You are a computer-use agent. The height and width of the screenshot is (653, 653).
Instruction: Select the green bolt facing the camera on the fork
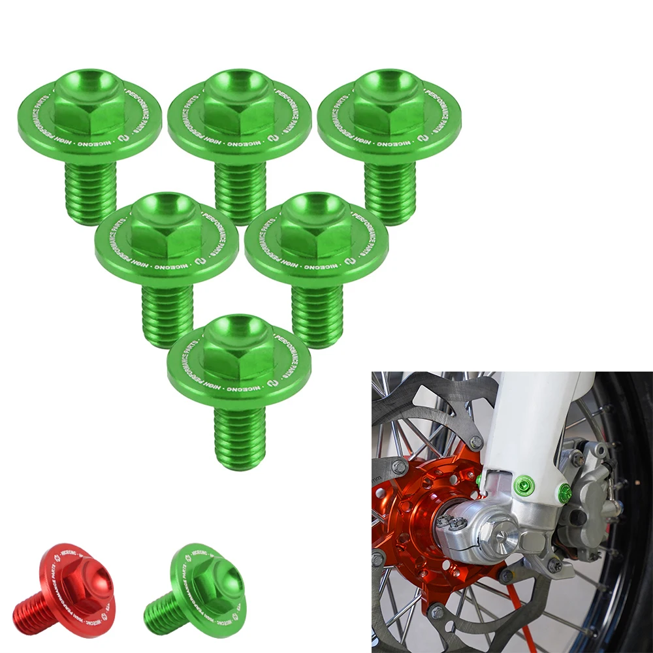click(524, 485)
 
